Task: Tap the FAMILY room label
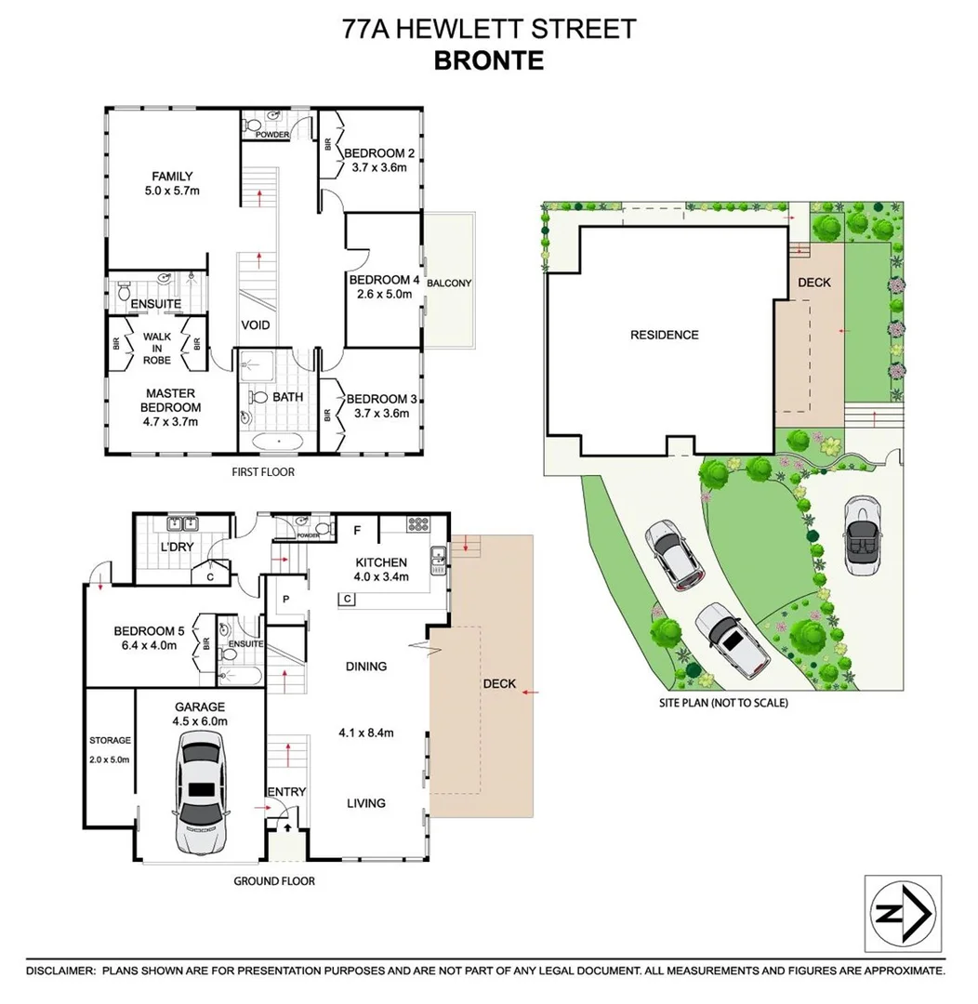[x=172, y=176]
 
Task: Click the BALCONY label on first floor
[x=450, y=284]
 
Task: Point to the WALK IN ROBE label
[x=157, y=349]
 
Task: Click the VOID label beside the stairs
[x=256, y=325]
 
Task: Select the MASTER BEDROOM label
[x=169, y=401]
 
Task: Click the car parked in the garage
[x=201, y=792]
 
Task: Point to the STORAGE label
[x=110, y=740]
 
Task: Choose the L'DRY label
[x=177, y=547]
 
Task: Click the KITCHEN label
[x=381, y=562]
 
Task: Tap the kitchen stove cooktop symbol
[x=418, y=525]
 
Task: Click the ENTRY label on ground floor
[x=285, y=791]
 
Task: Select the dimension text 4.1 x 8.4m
[x=365, y=733]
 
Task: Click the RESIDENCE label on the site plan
[x=664, y=335]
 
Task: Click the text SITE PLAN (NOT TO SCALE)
[x=722, y=703]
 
